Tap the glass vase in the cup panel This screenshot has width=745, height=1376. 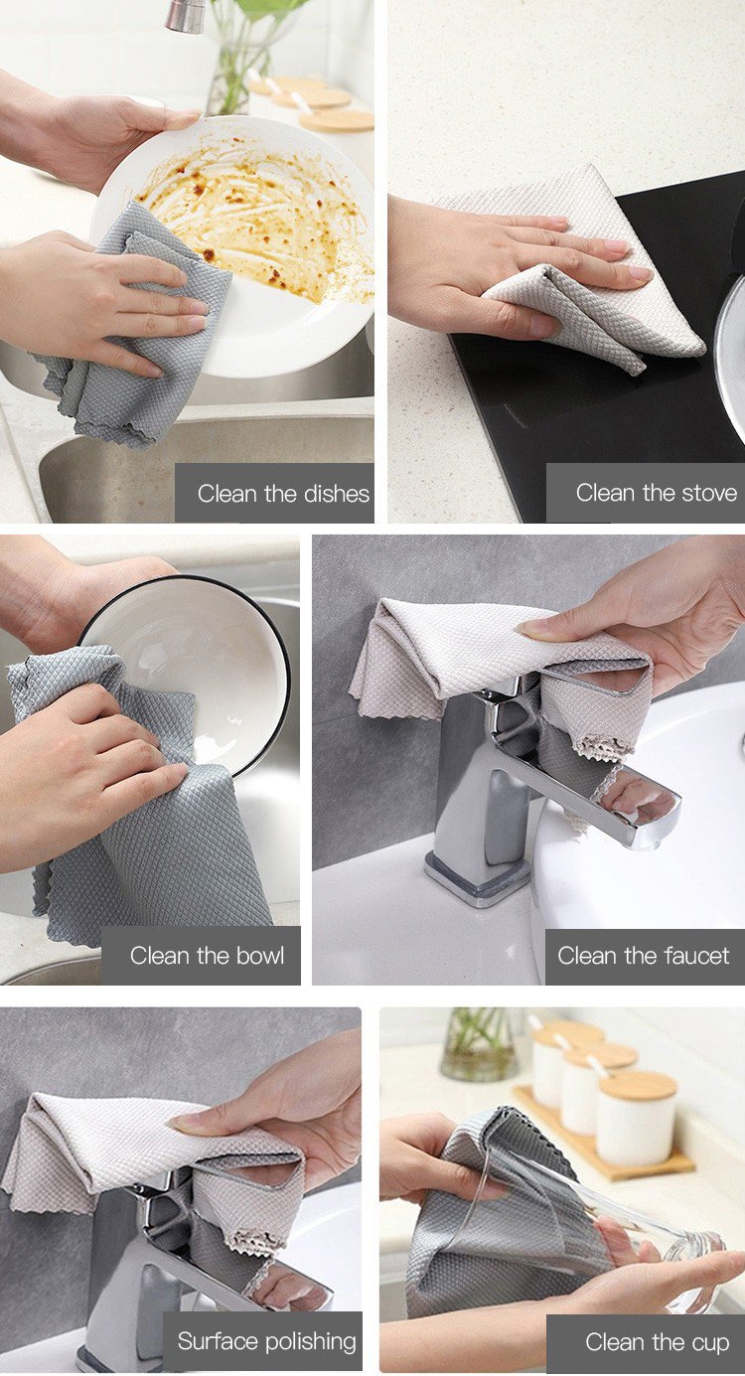click(479, 1043)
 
